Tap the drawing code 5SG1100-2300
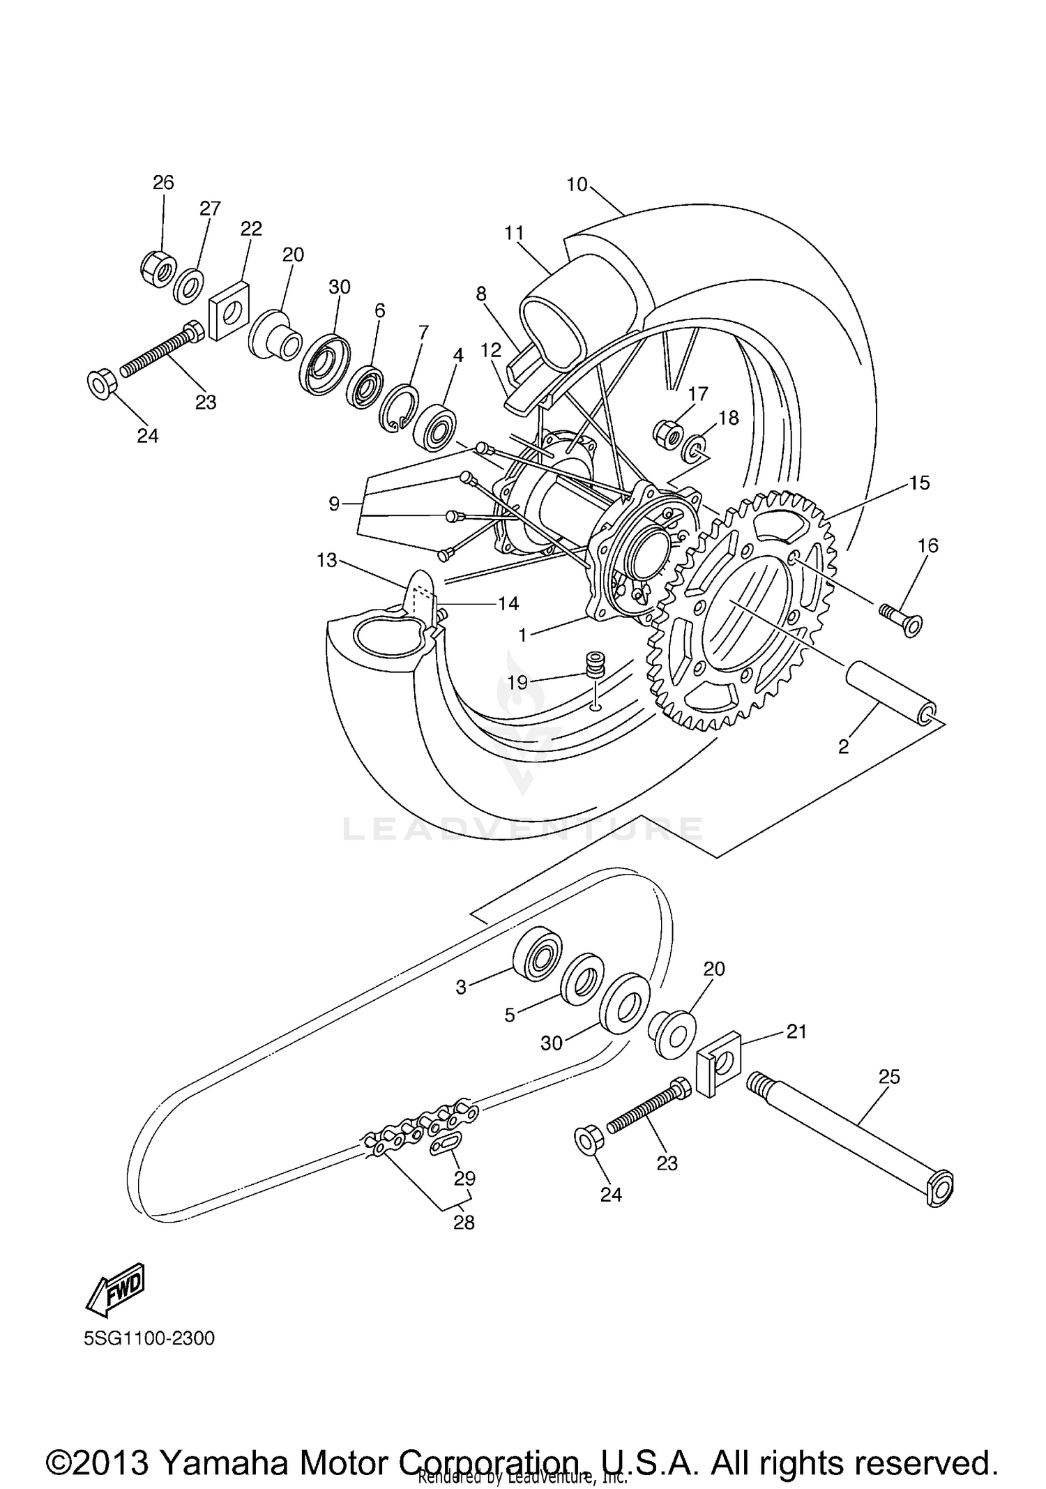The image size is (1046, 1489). (x=149, y=1338)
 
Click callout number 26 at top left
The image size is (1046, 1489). (x=163, y=183)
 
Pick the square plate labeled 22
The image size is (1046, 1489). (x=229, y=310)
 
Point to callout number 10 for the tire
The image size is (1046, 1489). (x=577, y=185)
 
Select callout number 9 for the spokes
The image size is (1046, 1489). (x=334, y=503)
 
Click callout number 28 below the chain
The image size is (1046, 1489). (x=464, y=1222)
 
